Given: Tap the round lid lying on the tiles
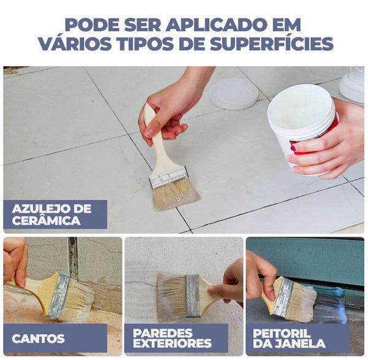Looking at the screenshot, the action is pyautogui.click(x=233, y=94).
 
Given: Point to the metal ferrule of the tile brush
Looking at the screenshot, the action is pyautogui.click(x=168, y=178).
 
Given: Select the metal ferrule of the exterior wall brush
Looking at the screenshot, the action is pyautogui.click(x=193, y=296).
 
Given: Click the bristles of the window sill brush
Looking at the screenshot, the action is pyautogui.click(x=300, y=303).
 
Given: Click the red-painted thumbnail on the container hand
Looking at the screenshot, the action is pyautogui.click(x=293, y=148).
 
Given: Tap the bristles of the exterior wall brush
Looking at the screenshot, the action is pyautogui.click(x=171, y=296).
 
